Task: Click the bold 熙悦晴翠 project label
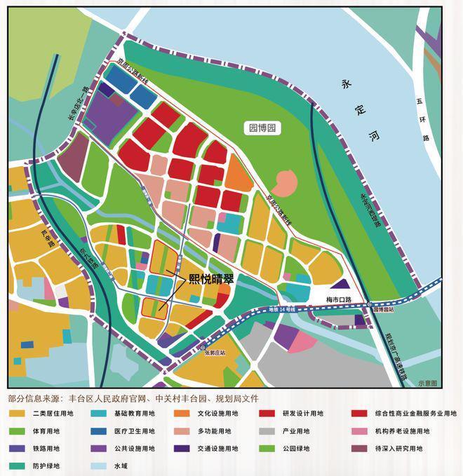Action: click(211, 278)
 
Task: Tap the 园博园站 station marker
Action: click(368, 304)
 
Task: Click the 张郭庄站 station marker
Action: click(203, 347)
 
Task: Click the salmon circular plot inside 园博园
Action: click(285, 184)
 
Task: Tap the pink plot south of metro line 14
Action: click(303, 342)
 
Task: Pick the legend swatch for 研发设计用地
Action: click(267, 414)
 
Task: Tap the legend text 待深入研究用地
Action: click(402, 448)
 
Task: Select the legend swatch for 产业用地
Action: click(267, 431)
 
